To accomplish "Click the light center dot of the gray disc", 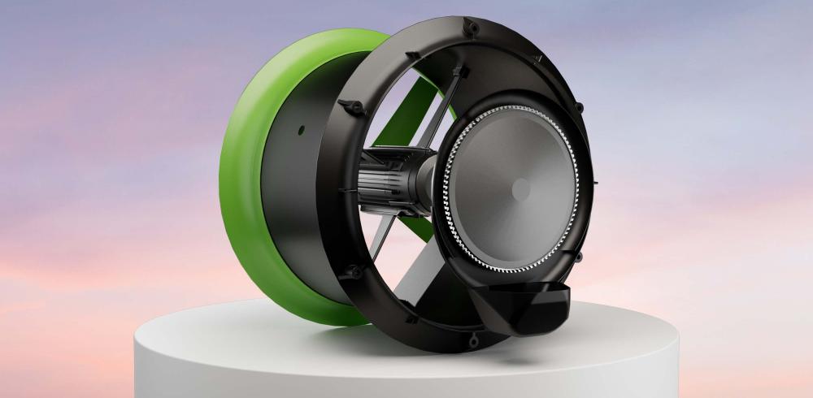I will [x=520, y=188].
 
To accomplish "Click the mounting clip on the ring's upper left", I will [x=348, y=106].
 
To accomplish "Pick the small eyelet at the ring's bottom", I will [x=411, y=319].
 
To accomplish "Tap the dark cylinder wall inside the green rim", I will [x=293, y=195].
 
